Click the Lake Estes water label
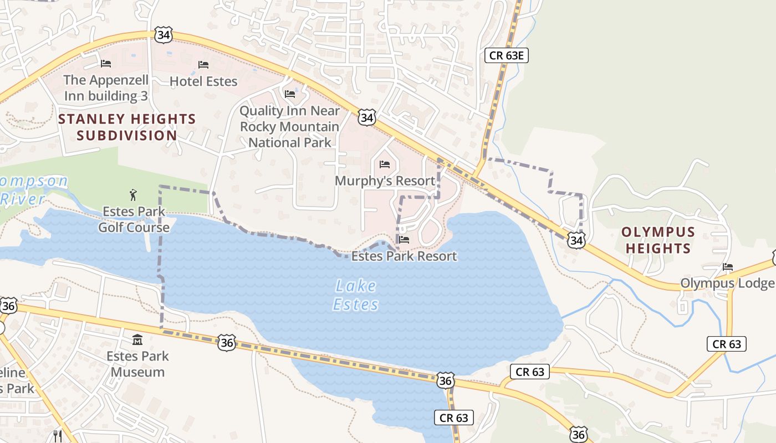[356, 295]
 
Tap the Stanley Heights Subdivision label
[127, 127]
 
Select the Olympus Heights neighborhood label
[658, 240]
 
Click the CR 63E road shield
[507, 55]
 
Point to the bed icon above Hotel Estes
[203, 65]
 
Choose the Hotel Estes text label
[203, 81]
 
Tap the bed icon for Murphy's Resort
[385, 164]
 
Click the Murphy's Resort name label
[385, 181]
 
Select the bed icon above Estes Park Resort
[404, 240]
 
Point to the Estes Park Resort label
[404, 256]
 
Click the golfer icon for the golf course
[133, 194]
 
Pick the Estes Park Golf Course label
[134, 219]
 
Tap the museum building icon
[137, 339]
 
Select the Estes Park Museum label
[137, 364]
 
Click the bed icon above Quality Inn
[289, 94]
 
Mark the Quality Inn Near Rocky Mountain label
[289, 127]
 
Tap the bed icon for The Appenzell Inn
[106, 64]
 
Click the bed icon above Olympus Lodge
[728, 267]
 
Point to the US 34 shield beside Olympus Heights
[576, 240]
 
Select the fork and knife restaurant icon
[57, 436]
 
